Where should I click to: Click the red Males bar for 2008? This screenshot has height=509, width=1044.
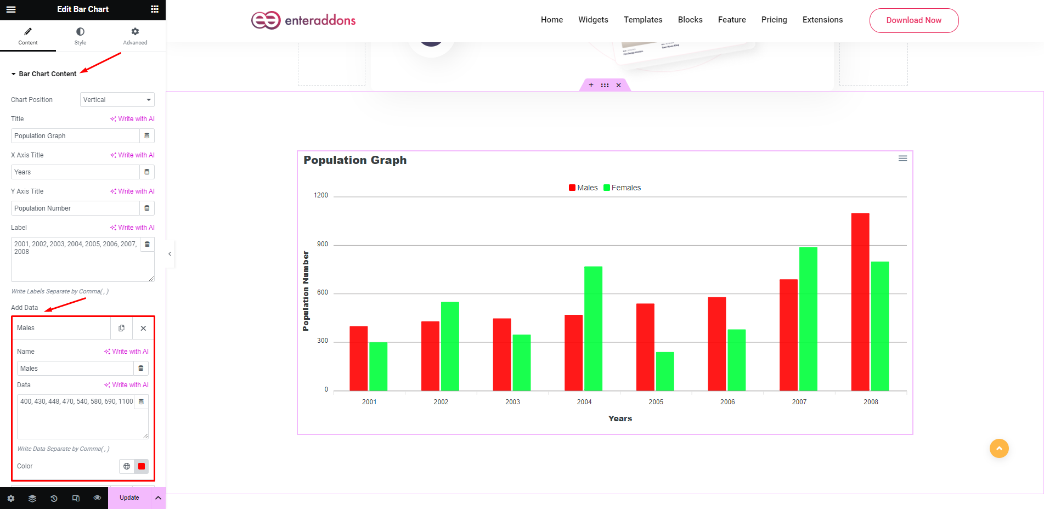tap(860, 302)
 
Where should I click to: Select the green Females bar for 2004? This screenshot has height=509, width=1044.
tap(593, 329)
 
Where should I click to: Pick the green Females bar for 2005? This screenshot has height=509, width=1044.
tap(665, 371)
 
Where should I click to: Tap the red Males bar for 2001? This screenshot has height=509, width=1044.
tap(358, 358)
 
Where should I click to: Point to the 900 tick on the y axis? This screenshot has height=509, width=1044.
tap(323, 244)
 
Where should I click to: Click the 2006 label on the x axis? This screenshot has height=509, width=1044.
tap(727, 402)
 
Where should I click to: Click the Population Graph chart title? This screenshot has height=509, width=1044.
tap(355, 160)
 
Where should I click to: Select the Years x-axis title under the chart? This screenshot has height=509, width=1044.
tap(620, 418)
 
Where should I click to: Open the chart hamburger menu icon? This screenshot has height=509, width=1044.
tap(902, 159)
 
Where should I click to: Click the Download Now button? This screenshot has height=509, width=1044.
tap(913, 20)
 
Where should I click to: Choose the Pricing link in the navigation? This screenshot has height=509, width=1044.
tap(774, 20)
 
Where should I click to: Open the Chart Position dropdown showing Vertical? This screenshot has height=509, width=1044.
tap(117, 100)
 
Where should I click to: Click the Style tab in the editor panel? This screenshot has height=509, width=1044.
tap(80, 36)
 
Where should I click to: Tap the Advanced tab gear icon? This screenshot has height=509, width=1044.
tap(135, 32)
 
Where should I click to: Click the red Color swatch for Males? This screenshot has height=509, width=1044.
tap(142, 466)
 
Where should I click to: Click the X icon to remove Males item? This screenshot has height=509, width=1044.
tap(143, 328)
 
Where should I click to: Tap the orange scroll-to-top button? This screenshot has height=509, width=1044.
tap(999, 448)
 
